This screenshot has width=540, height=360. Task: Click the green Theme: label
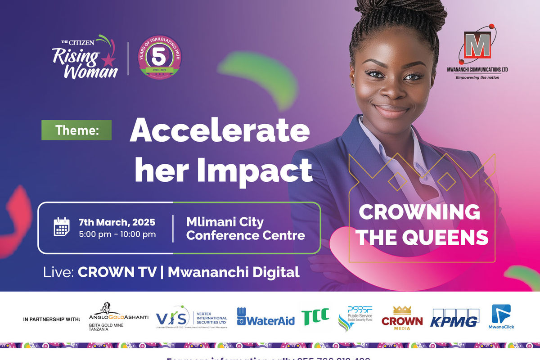[76, 130]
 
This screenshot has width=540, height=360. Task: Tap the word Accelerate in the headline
[220, 131]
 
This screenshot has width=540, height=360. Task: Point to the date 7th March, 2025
[117, 222]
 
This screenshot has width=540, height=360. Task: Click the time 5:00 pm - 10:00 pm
[117, 234]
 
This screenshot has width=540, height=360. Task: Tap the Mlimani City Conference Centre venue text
[245, 228]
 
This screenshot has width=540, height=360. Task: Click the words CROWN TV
[117, 272]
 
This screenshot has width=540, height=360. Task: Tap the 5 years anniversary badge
[159, 57]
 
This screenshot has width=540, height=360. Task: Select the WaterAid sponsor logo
[265, 317]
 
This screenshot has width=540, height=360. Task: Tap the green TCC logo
[315, 316]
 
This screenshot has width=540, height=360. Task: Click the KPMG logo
[454, 318]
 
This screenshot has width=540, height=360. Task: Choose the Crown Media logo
[402, 317]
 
